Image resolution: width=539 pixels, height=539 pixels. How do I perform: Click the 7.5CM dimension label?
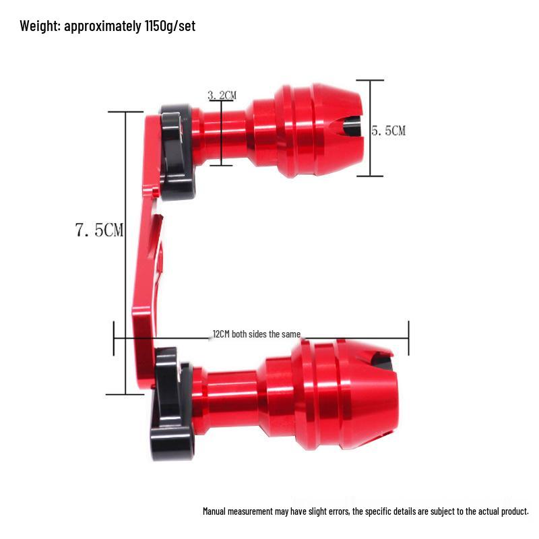(99, 230)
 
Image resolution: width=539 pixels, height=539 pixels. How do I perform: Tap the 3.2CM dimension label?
(222, 95)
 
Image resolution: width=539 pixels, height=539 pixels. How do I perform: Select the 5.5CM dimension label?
(389, 131)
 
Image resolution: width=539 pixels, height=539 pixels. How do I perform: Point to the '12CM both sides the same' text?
(257, 334)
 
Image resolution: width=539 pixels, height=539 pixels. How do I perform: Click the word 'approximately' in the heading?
(102, 26)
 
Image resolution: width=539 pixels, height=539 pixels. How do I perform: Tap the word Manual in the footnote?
(214, 511)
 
